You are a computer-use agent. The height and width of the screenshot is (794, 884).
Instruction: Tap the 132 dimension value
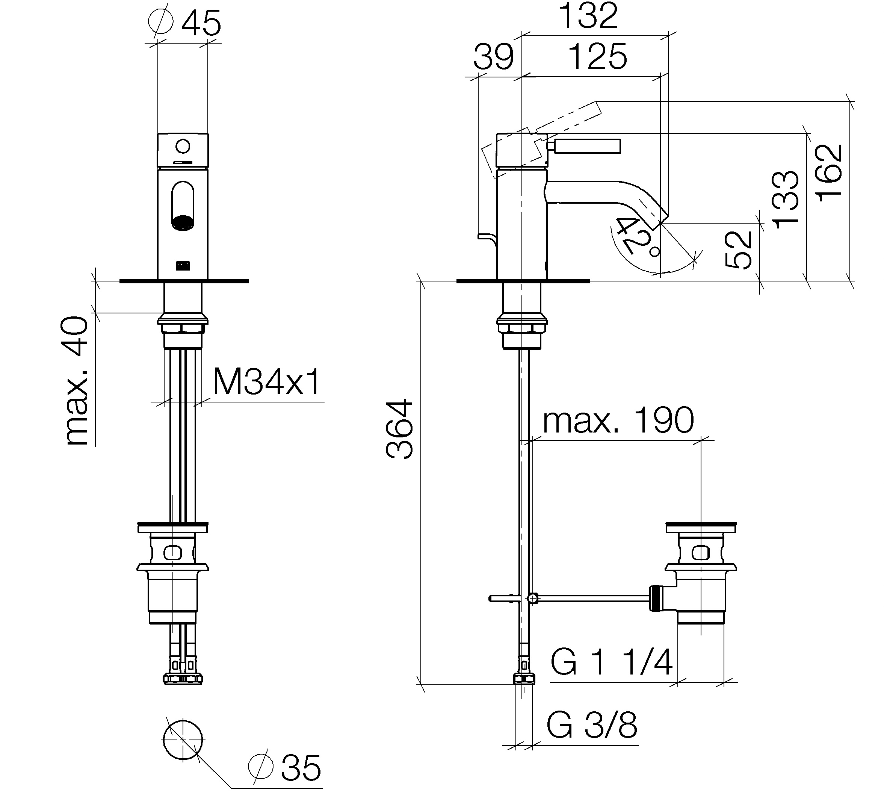click(588, 16)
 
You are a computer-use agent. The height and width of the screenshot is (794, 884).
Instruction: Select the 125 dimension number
click(598, 57)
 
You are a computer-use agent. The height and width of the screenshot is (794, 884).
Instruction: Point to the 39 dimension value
click(494, 57)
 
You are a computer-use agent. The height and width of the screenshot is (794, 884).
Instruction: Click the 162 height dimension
click(830, 173)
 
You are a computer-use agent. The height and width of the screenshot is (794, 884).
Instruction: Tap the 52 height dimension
click(739, 250)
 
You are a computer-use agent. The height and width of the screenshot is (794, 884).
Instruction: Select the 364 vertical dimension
click(399, 428)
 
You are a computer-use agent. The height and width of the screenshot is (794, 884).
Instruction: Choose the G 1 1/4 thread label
click(611, 662)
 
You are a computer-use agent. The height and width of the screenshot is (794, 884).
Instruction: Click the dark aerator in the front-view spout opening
click(183, 222)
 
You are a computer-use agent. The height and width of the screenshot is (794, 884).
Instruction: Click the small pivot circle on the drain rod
click(532, 599)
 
